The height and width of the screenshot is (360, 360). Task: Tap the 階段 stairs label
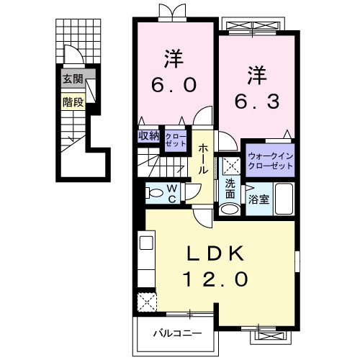pos(73,102)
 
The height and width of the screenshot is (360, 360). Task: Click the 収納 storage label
pos(148,136)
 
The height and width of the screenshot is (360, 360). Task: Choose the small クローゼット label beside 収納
pos(175,138)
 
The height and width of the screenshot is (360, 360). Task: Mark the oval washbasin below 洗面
pos(230,210)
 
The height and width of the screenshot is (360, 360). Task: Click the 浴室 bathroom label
pos(259,199)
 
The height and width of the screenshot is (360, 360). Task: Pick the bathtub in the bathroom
pos(283,200)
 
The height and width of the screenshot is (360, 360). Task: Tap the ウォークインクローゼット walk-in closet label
pos(270,161)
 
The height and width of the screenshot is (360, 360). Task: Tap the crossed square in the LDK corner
pos(147,302)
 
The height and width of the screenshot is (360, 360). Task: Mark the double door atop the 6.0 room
pos(168,12)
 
